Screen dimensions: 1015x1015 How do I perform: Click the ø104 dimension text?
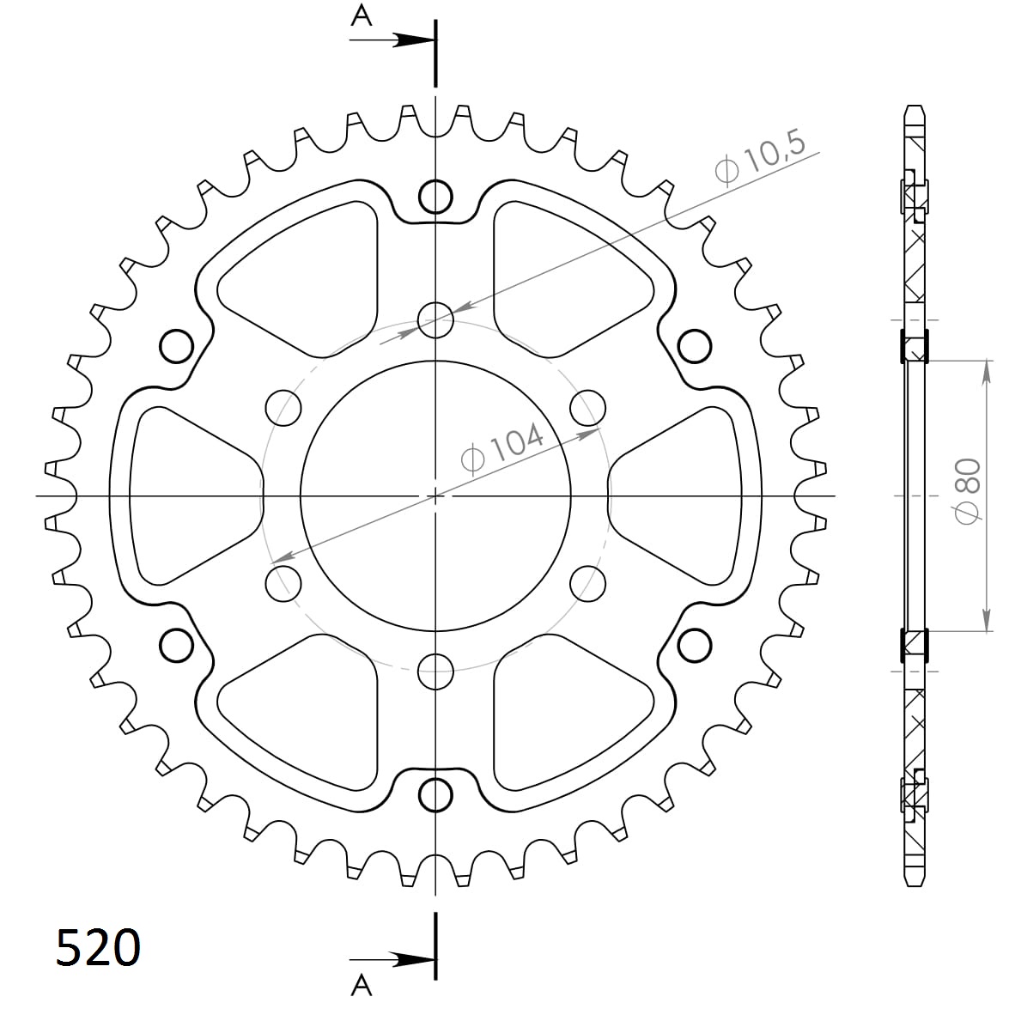point(503,448)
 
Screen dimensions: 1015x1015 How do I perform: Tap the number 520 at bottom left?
point(98,949)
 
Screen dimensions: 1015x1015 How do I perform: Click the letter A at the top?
point(362,15)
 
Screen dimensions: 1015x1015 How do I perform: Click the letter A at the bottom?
point(362,987)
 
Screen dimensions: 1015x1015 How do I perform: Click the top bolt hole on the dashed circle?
point(435,320)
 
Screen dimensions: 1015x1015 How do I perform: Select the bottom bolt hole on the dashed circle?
point(435,670)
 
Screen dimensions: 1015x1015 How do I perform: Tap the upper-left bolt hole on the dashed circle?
point(284,407)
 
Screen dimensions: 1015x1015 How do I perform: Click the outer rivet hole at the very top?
point(435,198)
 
